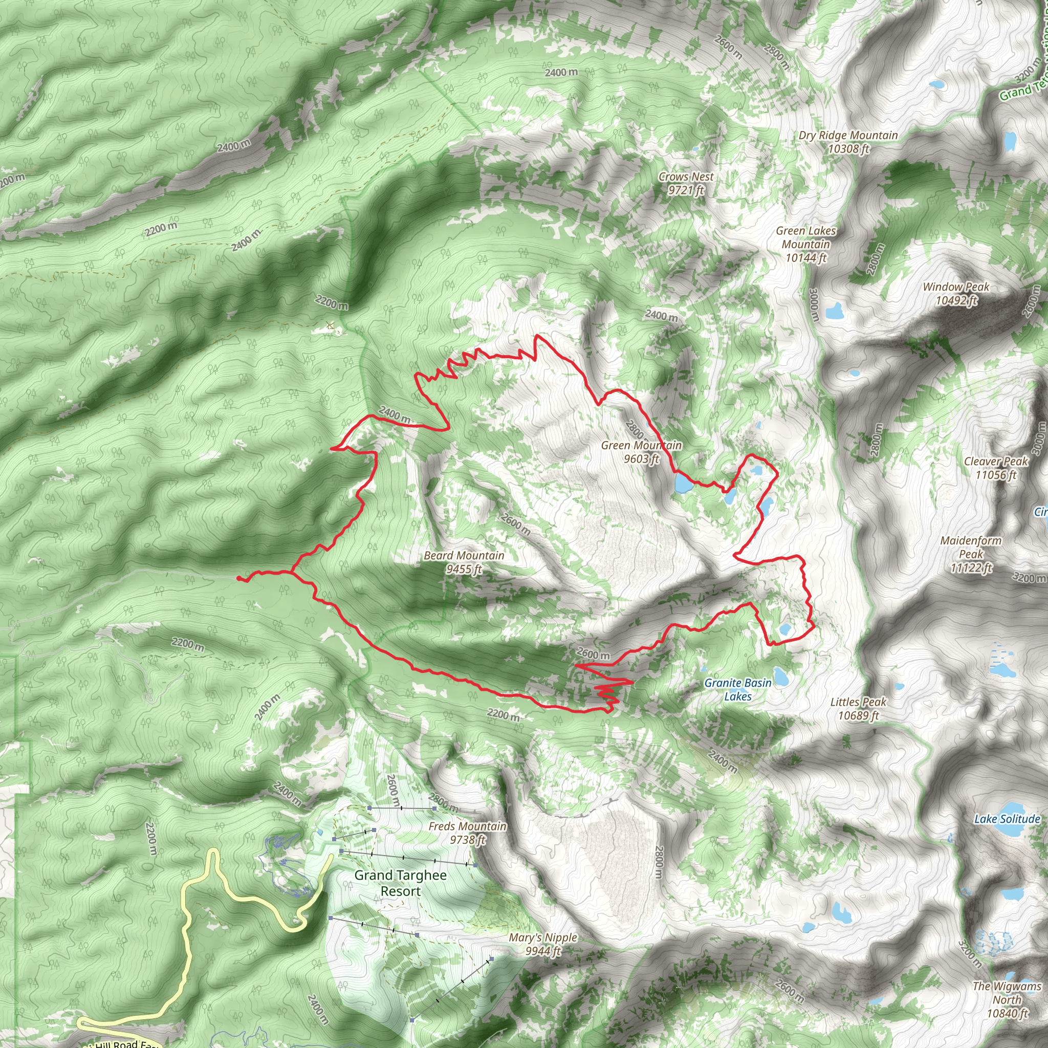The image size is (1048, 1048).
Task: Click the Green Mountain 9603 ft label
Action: tap(641, 452)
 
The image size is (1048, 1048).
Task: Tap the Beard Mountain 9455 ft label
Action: tap(464, 562)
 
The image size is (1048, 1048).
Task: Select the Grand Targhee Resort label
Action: tap(400, 883)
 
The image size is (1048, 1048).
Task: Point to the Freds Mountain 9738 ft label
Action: tap(467, 833)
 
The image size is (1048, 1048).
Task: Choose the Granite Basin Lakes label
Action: tap(738, 689)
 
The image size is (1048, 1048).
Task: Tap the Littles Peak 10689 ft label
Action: tap(858, 708)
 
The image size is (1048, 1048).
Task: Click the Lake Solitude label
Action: tap(1007, 819)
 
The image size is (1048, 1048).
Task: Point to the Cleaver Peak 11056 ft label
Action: tap(995, 468)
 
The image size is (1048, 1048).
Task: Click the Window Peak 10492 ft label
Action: tap(956, 293)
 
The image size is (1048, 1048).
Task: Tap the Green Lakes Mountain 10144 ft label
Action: tap(805, 244)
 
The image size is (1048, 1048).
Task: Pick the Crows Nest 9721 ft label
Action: tap(686, 183)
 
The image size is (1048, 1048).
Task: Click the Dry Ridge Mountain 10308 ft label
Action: tap(848, 142)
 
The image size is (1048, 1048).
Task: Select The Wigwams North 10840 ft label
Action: tap(1007, 999)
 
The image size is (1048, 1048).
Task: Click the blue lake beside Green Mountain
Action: tap(683, 482)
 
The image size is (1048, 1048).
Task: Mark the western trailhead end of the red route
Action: tap(239, 579)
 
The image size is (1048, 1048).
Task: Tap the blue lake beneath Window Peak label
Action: tap(834, 312)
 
